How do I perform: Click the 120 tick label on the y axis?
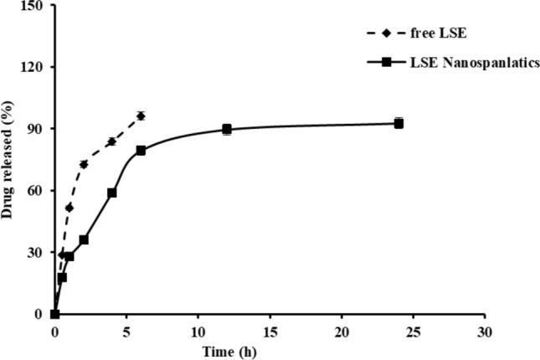(x=38, y=67)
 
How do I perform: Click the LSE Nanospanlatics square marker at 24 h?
(x=399, y=123)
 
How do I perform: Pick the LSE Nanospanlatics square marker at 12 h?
(x=227, y=130)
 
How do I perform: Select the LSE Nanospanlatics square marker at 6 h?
(x=141, y=151)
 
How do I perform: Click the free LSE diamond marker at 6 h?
(x=141, y=116)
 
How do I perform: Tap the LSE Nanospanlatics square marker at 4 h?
(x=112, y=193)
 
